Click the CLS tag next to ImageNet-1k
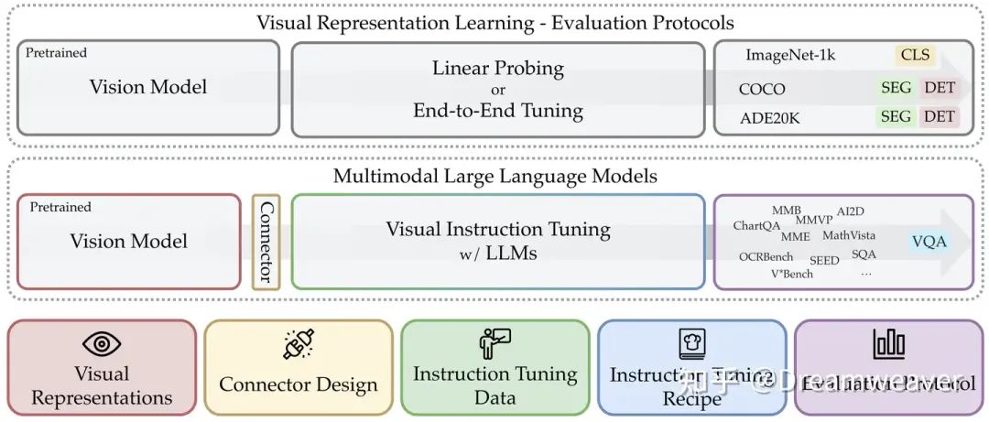pyautogui.click(x=915, y=55)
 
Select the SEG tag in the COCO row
pyautogui.click(x=896, y=89)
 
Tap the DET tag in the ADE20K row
pyautogui.click(x=940, y=116)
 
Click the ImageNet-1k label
pyautogui.click(x=790, y=55)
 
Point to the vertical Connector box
pyautogui.click(x=266, y=242)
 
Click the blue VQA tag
pyautogui.click(x=929, y=242)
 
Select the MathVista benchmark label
pyautogui.click(x=848, y=236)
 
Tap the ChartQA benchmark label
pyautogui.click(x=756, y=226)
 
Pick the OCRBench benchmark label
pyautogui.click(x=766, y=257)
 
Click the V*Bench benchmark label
pyautogui.click(x=791, y=274)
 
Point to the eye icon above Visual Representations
pyautogui.click(x=102, y=344)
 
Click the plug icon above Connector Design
pyautogui.click(x=299, y=344)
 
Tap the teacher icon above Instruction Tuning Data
pyautogui.click(x=494, y=343)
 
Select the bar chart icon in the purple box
pyautogui.click(x=888, y=343)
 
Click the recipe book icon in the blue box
pyautogui.click(x=691, y=345)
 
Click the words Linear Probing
pyautogui.click(x=497, y=69)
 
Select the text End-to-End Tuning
pyautogui.click(x=497, y=111)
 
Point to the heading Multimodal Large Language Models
pyautogui.click(x=494, y=176)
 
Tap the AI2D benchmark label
pyautogui.click(x=851, y=211)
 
